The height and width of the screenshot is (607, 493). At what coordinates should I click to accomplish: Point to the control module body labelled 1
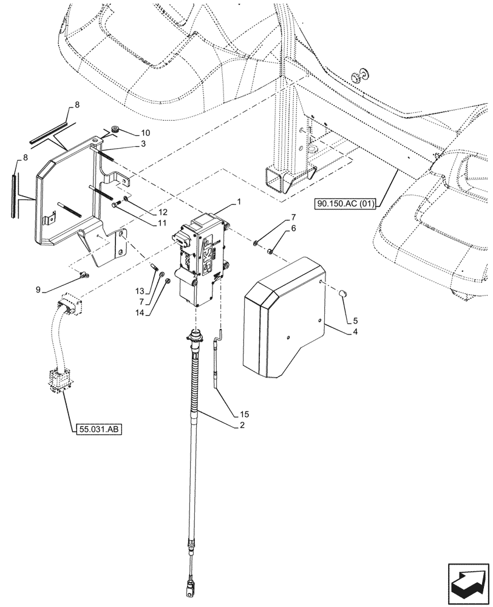point(200,258)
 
